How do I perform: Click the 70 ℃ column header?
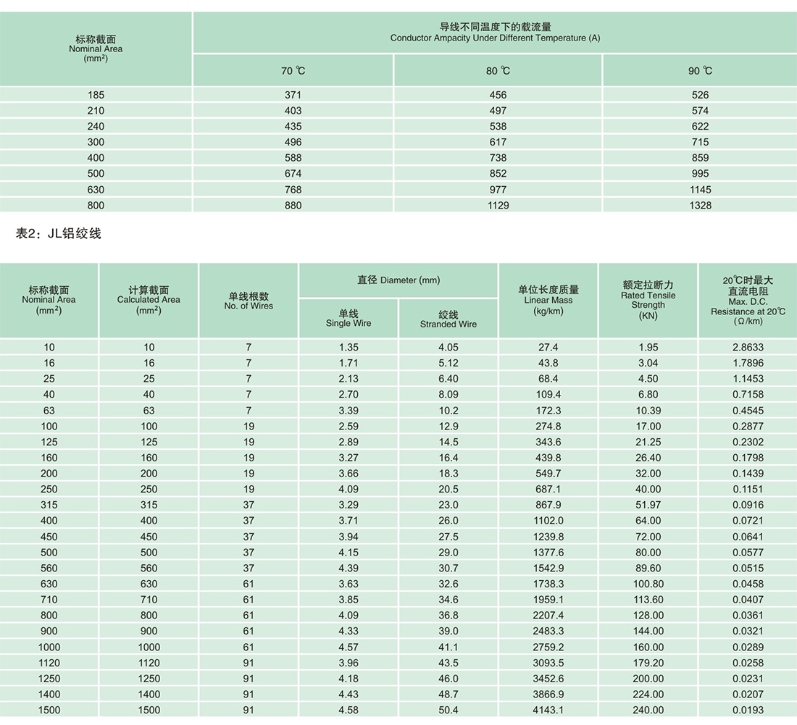(x=293, y=70)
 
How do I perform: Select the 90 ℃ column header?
(x=700, y=70)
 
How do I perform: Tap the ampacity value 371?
(x=293, y=95)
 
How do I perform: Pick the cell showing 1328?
(x=700, y=205)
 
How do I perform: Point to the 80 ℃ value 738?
(x=498, y=158)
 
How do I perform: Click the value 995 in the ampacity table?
(x=700, y=174)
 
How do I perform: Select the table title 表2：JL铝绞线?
(x=58, y=233)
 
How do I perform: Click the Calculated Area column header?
(x=149, y=300)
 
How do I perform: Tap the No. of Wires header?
(x=249, y=301)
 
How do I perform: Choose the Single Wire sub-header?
(x=349, y=319)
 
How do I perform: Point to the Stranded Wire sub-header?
(x=448, y=319)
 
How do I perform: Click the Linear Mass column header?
(x=548, y=300)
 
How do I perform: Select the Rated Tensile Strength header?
(x=648, y=300)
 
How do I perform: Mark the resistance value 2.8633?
(x=748, y=347)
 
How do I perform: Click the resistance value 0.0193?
(x=748, y=710)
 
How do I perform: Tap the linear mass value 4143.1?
(x=548, y=710)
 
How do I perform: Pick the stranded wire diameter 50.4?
(x=448, y=710)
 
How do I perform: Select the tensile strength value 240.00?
(x=648, y=710)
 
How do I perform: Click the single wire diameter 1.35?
(x=349, y=347)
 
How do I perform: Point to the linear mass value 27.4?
(x=548, y=347)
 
